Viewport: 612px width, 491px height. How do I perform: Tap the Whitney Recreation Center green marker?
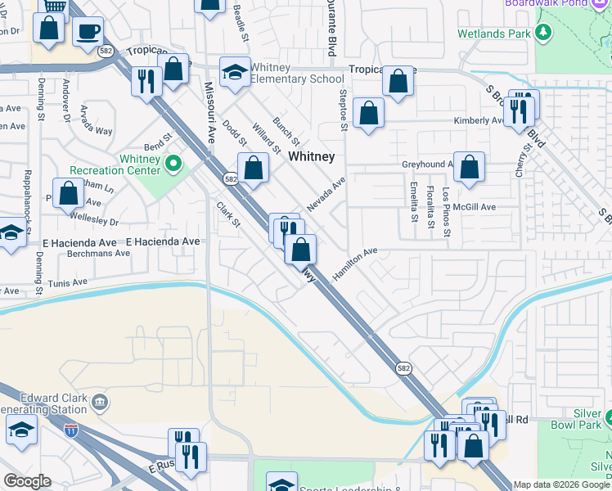[x=173, y=164]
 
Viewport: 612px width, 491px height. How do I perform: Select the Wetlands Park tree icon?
[x=543, y=33]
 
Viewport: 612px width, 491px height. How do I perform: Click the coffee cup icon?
[x=88, y=31]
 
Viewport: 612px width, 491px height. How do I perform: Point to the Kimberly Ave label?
[x=479, y=120]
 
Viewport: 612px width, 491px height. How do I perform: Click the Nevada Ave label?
[x=326, y=194]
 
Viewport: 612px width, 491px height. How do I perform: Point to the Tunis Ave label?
[x=68, y=282]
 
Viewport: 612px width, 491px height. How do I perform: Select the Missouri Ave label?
[x=209, y=111]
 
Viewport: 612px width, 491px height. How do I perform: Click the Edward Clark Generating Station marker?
[x=100, y=402]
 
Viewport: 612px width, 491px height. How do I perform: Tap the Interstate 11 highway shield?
[x=72, y=429]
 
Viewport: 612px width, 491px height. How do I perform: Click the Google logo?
[x=27, y=481]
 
